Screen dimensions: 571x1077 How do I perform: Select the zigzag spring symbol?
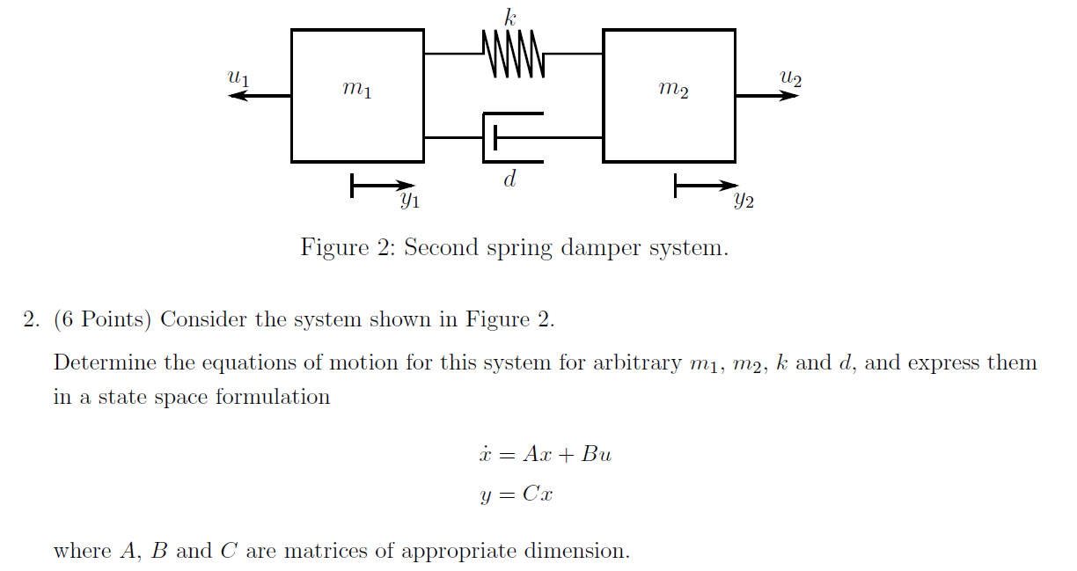514,54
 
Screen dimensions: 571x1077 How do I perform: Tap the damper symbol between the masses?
513,138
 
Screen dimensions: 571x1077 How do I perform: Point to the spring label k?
510,16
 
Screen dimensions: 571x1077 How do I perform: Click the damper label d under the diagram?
509,179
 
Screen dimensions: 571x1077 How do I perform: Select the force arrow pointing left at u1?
260,95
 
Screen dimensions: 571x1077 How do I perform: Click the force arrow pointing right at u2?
766,95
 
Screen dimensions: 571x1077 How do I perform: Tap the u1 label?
238,77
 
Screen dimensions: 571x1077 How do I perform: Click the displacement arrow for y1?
381,186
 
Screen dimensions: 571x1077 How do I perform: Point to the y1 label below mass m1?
409,201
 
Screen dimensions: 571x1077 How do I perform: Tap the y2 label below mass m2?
744,201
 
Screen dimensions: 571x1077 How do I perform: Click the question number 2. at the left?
32,319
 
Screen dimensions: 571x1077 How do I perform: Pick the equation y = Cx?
517,494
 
